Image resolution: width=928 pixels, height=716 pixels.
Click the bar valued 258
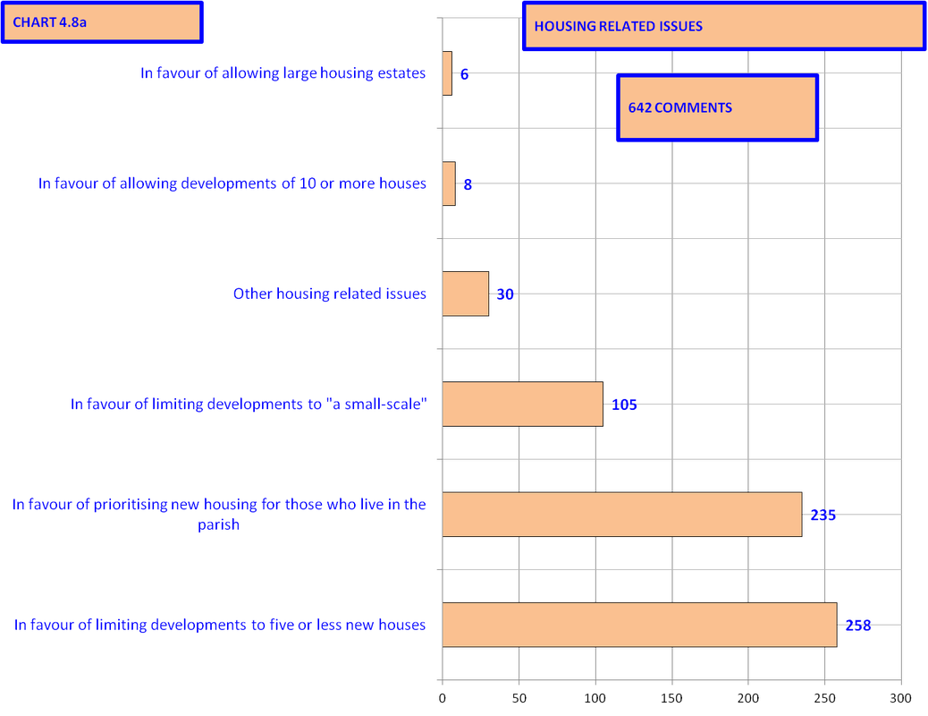(x=640, y=625)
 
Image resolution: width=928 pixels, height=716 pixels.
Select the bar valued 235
(x=622, y=515)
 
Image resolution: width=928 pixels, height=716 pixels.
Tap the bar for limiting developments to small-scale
(x=523, y=404)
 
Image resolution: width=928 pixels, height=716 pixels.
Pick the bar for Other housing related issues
(x=466, y=294)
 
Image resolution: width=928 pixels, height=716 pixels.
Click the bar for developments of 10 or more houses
(x=449, y=183)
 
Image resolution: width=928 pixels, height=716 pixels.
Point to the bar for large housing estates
(x=447, y=72)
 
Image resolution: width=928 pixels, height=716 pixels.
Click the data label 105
(x=624, y=405)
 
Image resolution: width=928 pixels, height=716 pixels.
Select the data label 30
(x=505, y=294)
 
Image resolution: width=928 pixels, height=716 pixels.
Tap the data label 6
(x=464, y=74)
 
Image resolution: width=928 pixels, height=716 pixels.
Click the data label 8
(x=468, y=184)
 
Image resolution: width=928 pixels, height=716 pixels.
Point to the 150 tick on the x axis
(x=671, y=698)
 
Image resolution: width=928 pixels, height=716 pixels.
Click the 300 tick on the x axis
(x=901, y=698)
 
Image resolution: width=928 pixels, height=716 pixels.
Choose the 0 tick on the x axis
(x=443, y=698)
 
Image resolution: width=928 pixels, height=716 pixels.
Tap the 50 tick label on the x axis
(x=519, y=698)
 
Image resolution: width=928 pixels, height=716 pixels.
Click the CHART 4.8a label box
(x=102, y=22)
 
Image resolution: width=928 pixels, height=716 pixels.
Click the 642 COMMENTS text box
(x=717, y=107)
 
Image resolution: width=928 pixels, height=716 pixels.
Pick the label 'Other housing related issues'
(x=330, y=294)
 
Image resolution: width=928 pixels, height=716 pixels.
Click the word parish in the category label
(x=218, y=525)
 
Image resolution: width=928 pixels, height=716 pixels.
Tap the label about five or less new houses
(x=220, y=625)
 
